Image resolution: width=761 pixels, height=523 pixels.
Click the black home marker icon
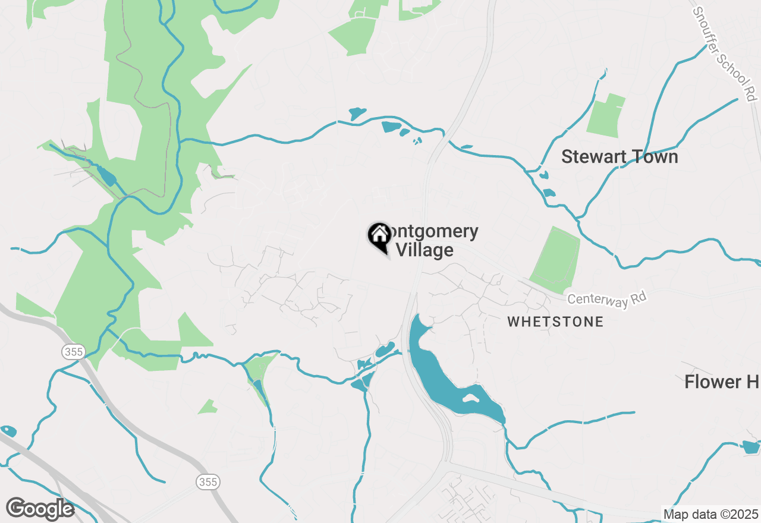pyautogui.click(x=379, y=236)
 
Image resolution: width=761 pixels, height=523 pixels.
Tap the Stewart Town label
pyautogui.click(x=620, y=157)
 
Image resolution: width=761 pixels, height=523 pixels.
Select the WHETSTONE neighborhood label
pyautogui.click(x=555, y=322)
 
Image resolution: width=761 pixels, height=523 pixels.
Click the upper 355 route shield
pyautogui.click(x=74, y=352)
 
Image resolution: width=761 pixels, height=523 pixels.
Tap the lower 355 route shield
pyautogui.click(x=208, y=481)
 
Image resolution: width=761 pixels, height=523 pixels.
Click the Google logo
pyautogui.click(x=40, y=509)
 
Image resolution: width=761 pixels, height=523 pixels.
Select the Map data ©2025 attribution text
pyautogui.click(x=710, y=514)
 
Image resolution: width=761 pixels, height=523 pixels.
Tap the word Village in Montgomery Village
pyautogui.click(x=424, y=250)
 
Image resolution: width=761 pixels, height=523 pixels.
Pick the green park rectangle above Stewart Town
pyautogui.click(x=606, y=115)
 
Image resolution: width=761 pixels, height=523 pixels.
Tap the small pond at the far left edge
pyautogui.click(x=8, y=430)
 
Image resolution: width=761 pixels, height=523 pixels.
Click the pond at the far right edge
pyautogui.click(x=751, y=447)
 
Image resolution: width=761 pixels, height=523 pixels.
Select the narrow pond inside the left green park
pyautogui.click(x=107, y=177)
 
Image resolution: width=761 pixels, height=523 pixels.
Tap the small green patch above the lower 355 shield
pyautogui.click(x=208, y=407)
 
